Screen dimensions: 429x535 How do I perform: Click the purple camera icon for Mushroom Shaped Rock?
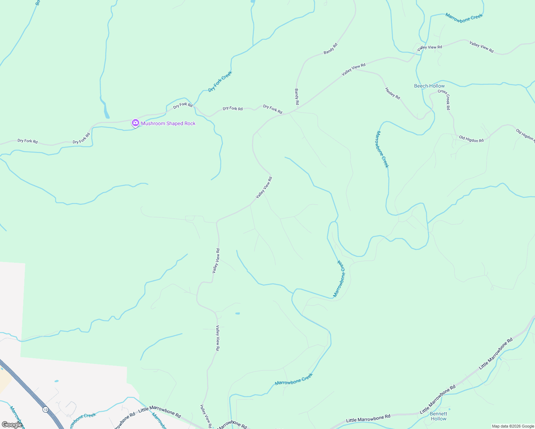[135, 123]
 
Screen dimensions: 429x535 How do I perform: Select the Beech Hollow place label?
[429, 86]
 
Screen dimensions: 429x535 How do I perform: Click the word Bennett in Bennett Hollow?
[438, 414]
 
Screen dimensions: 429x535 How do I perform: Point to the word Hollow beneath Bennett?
[438, 419]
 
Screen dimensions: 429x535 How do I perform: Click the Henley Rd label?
[392, 93]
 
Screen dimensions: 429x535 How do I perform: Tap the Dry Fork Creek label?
[220, 81]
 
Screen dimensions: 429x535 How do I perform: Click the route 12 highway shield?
[45, 409]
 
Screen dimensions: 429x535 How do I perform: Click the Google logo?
[12, 424]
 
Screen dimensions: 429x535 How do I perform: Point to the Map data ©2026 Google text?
[513, 426]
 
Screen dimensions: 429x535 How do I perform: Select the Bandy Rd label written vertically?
[297, 97]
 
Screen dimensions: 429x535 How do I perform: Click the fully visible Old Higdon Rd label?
[471, 139]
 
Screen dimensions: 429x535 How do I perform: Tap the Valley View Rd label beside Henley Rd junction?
[353, 69]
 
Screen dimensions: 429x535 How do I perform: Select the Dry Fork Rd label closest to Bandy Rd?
[273, 109]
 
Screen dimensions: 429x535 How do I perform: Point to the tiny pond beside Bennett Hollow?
[449, 409]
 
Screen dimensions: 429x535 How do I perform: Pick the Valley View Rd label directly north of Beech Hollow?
[430, 47]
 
